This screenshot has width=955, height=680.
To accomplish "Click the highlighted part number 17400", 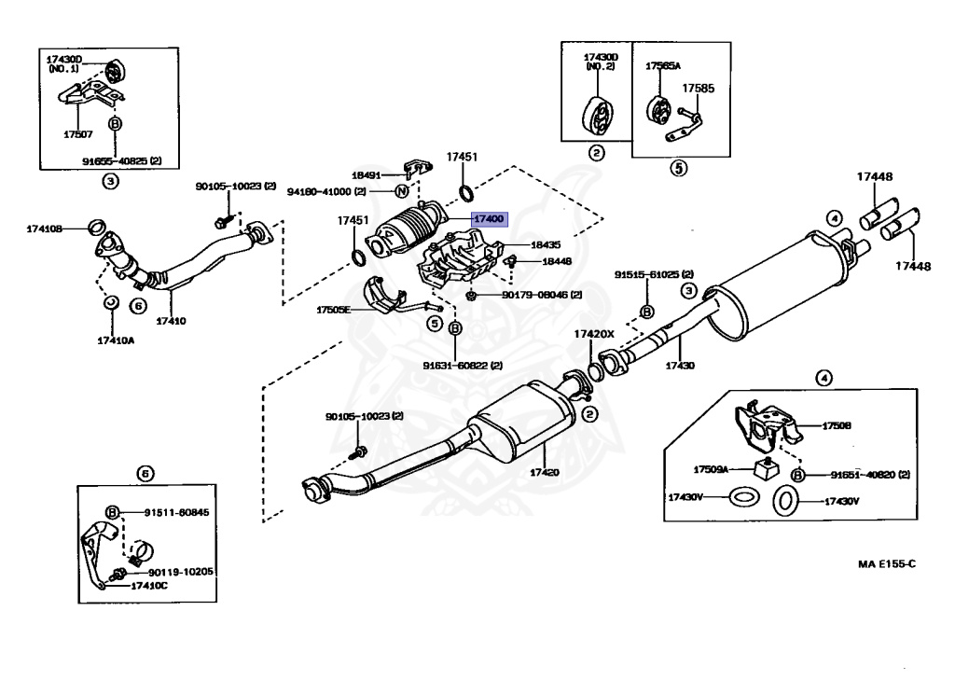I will click(489, 218).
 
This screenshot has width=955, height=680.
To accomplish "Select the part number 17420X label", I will click(594, 333).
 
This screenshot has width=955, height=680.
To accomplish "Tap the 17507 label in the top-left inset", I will click(78, 134).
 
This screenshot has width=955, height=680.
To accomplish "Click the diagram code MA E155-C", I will click(888, 564).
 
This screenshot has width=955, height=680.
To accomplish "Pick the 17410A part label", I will click(116, 340).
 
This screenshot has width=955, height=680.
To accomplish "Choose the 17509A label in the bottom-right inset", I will click(711, 469).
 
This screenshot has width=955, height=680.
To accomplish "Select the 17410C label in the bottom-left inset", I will click(149, 586).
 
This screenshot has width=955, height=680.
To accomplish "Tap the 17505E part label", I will click(333, 309).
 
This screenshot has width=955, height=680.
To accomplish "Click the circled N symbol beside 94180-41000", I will click(401, 192).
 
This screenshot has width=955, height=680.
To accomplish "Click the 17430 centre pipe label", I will click(680, 366).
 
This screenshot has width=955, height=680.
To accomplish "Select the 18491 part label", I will click(367, 174).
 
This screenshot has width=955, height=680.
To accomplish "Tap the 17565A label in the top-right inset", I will click(663, 67).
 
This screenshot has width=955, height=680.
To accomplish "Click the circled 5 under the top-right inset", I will click(678, 169).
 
